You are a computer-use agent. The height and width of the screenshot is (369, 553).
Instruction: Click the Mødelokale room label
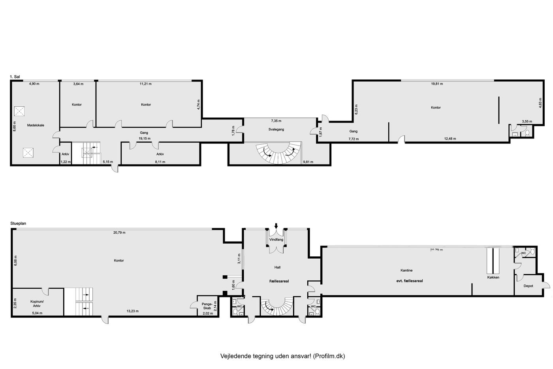pos(36,125)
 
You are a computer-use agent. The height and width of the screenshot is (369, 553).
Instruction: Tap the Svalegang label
pos(276,129)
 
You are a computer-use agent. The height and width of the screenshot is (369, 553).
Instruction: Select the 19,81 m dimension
pos(437,84)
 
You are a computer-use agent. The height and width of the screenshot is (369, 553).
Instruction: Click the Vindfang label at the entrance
pos(276,240)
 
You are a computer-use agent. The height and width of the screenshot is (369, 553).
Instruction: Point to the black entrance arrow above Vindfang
pos(276,226)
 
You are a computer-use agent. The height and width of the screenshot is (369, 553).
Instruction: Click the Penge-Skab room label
pos(207,306)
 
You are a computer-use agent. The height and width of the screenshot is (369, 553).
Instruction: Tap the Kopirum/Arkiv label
pos(37,303)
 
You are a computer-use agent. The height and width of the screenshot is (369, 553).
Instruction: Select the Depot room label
pos(529,286)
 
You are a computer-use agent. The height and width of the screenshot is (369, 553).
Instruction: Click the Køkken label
pos(493,277)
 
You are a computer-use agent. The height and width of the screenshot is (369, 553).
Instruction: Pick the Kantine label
pos(406,271)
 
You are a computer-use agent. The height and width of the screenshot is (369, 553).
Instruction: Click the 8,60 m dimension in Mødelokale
pos(15,126)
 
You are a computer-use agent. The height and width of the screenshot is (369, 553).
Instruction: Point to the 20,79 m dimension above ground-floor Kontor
pos(119,233)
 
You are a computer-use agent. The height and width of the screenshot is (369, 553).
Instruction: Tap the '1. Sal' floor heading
pos(15,77)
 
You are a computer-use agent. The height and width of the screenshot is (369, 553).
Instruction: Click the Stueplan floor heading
pos(18,223)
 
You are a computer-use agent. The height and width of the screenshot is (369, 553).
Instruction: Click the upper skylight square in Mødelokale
pos(19,111)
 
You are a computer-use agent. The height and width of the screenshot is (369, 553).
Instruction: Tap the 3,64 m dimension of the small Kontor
pos(78,84)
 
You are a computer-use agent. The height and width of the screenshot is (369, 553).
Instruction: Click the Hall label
pos(277,267)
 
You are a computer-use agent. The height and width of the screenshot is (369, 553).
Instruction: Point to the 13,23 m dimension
pos(133,311)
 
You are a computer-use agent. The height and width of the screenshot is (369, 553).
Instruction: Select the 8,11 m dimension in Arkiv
pos(160,162)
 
